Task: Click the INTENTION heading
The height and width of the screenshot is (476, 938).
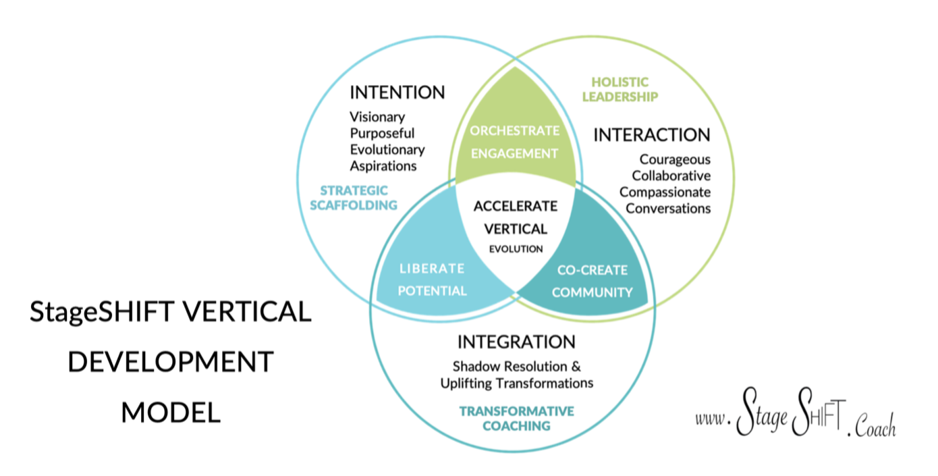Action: [397, 92]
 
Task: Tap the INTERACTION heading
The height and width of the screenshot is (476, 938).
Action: [651, 135]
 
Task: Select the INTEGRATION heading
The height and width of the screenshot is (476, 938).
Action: [516, 342]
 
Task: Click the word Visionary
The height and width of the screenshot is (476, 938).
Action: [377, 117]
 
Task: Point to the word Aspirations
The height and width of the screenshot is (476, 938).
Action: [383, 165]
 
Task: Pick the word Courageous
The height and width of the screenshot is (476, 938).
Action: [675, 160]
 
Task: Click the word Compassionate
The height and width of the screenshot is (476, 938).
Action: [665, 192]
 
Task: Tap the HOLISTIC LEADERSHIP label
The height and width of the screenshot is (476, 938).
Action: [619, 90]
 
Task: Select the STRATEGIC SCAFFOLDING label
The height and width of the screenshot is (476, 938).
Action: [353, 197]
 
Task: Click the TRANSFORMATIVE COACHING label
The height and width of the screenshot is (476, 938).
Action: [516, 419]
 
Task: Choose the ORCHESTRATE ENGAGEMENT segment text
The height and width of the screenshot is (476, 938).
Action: [515, 142]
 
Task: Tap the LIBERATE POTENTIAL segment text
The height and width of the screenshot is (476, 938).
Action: [432, 280]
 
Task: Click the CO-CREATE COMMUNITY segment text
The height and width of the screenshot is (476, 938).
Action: [592, 281]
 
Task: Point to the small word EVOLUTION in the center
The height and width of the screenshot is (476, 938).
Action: [516, 249]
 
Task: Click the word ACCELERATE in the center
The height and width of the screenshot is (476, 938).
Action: [516, 206]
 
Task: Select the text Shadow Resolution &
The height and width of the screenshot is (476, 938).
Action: [516, 367]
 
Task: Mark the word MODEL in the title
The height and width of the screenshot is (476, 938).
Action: [171, 413]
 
